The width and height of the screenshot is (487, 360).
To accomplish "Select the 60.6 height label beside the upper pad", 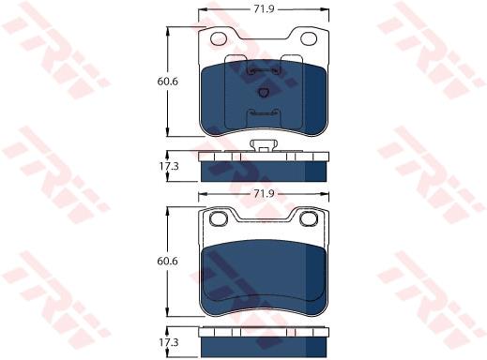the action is [168, 82].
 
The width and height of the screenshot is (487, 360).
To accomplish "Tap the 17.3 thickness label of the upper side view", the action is [169, 166].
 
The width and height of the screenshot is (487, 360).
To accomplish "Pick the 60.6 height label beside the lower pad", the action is [168, 261].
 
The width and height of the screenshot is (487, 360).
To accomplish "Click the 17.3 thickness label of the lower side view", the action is [169, 342].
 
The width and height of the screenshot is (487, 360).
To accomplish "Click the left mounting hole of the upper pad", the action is [219, 38].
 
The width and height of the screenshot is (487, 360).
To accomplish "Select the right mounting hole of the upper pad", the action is [309, 38].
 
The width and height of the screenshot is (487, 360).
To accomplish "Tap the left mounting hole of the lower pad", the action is [219, 218].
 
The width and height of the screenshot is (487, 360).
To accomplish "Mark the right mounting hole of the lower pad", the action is [309, 218].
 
